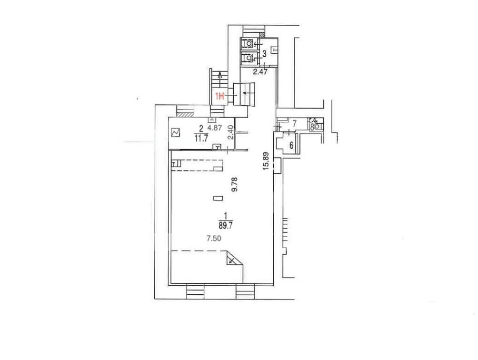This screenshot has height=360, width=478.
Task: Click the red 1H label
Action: pyautogui.click(x=220, y=97)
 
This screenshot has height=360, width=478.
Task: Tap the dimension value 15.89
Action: pyautogui.click(x=267, y=161)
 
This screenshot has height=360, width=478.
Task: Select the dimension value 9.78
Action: pyautogui.click(x=234, y=185)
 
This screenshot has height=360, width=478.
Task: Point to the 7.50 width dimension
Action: pyautogui.click(x=214, y=239)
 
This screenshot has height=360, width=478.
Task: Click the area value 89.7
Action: pyautogui.click(x=226, y=226)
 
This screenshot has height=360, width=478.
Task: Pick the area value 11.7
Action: pyautogui.click(x=201, y=139)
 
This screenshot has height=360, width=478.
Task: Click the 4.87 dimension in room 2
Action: pyautogui.click(x=215, y=128)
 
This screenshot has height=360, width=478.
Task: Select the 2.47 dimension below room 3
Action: pyautogui.click(x=260, y=72)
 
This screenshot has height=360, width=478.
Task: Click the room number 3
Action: pyautogui.click(x=264, y=54)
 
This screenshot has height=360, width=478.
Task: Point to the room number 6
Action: pyautogui.click(x=291, y=145)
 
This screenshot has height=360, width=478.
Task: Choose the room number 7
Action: pyautogui.click(x=294, y=124)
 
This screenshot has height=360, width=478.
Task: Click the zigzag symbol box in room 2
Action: pyautogui.click(x=176, y=132)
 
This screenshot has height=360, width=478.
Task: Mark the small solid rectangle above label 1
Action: pyautogui.click(x=218, y=199)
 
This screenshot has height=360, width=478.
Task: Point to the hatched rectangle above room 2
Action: pyautogui.click(x=185, y=115)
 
